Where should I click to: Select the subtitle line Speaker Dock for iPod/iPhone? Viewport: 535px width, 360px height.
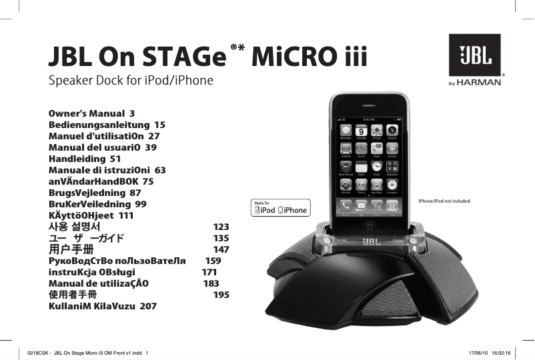click(131, 81)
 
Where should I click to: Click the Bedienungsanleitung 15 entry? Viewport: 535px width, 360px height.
click(107, 125)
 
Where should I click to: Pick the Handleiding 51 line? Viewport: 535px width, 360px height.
click(85, 159)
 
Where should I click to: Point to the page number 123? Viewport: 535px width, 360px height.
click(221, 227)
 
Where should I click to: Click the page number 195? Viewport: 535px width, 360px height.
click(221, 294)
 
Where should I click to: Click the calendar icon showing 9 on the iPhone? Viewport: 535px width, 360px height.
click(361, 131)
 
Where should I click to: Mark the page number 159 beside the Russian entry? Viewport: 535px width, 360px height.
click(213, 261)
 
